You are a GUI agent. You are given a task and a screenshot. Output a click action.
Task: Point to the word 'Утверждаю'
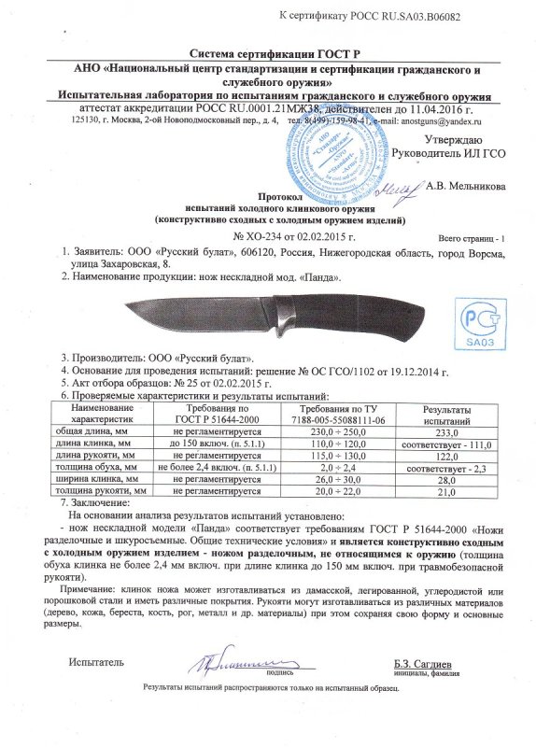point(477,140)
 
